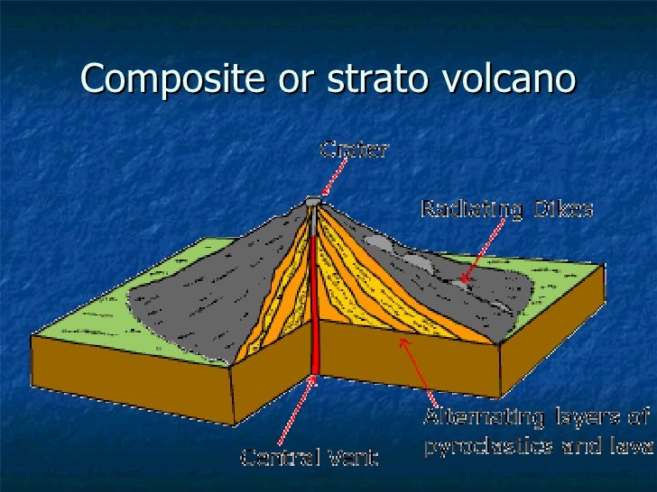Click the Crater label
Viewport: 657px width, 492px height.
click(x=355, y=150)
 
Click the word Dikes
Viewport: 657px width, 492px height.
click(x=561, y=210)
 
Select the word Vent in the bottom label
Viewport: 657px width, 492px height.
click(x=353, y=458)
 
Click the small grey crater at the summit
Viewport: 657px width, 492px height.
click(x=314, y=201)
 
